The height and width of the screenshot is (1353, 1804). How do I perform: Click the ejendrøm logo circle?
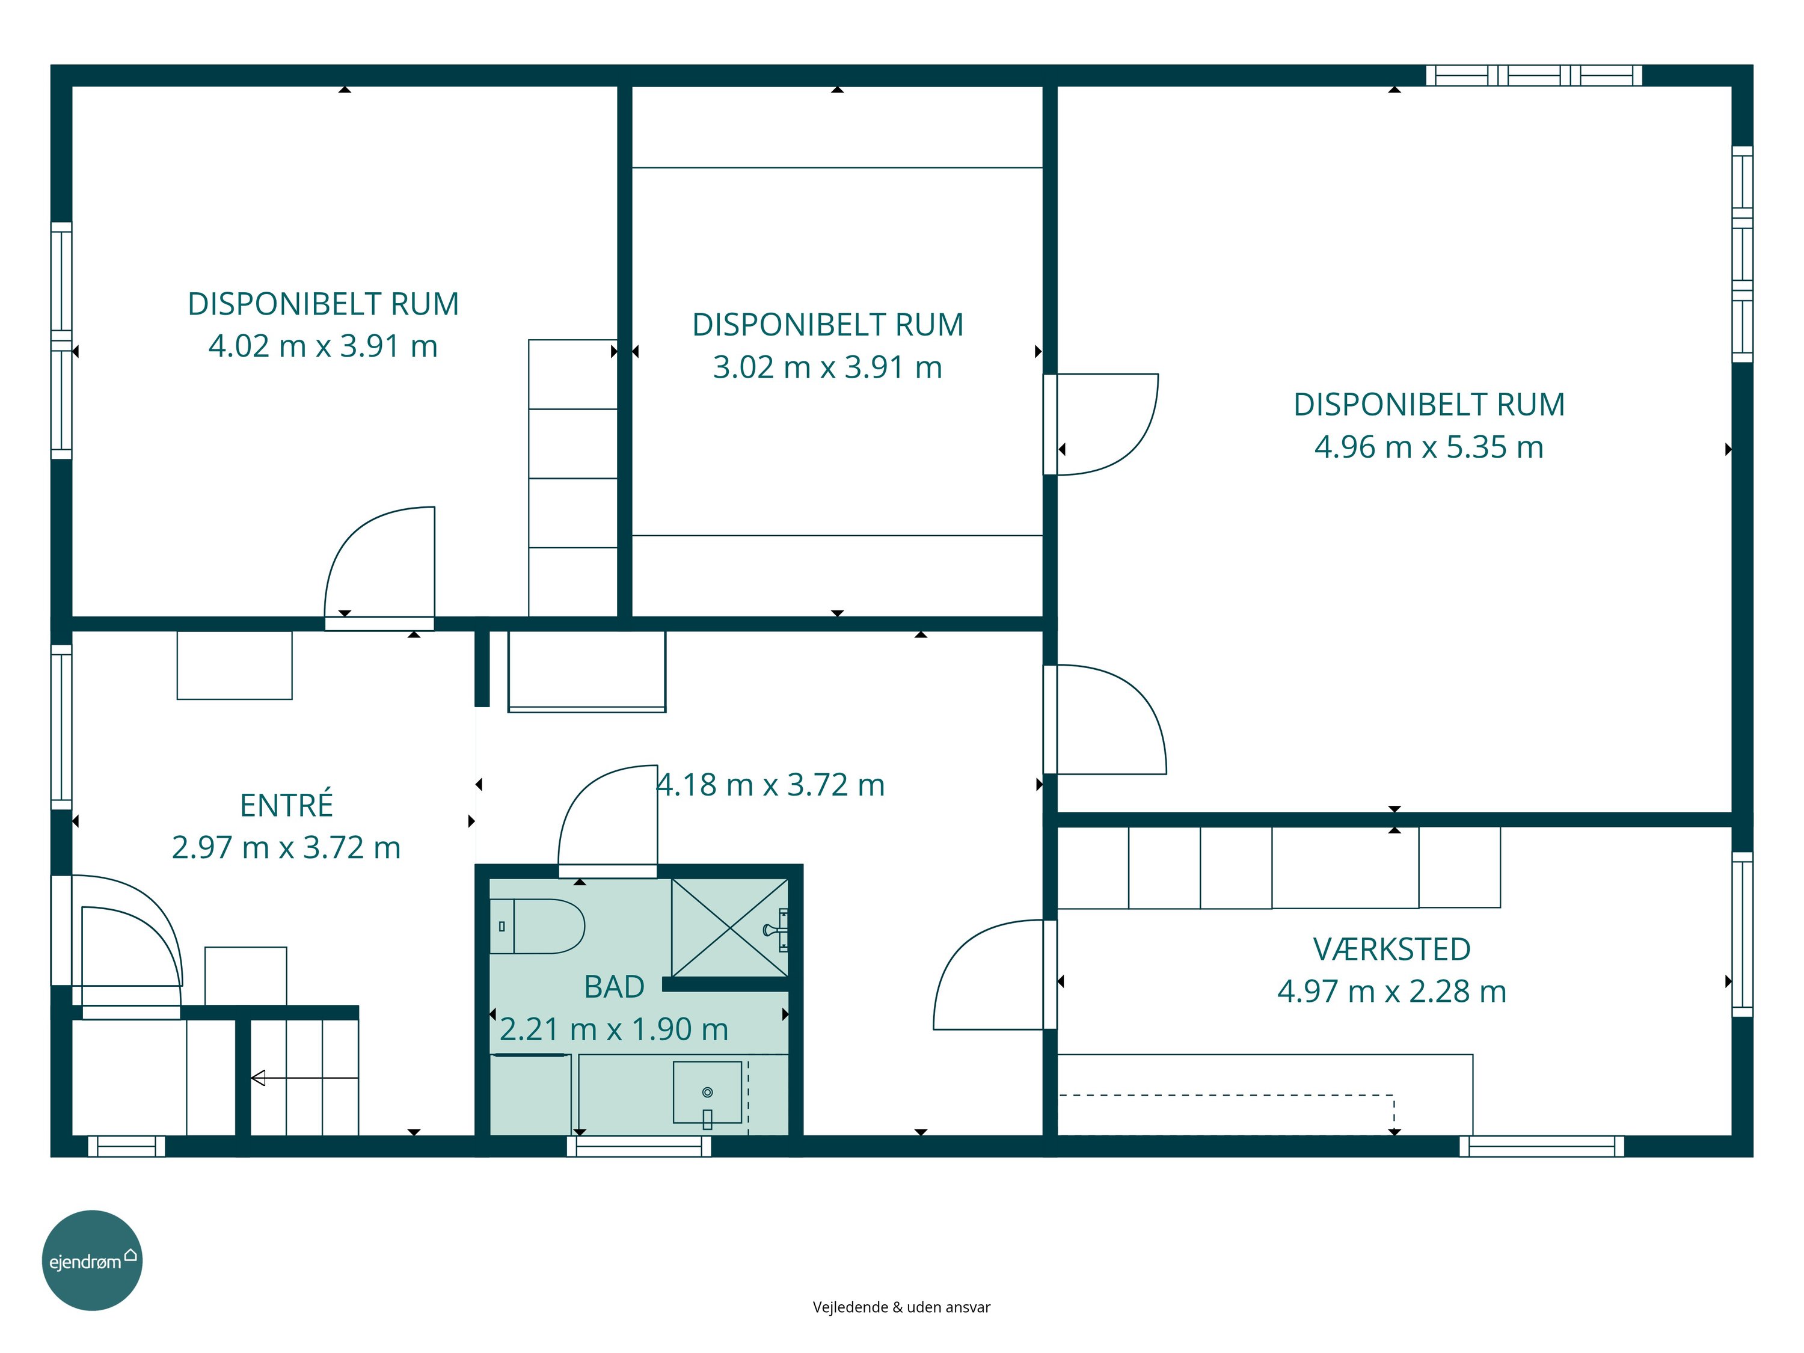click(x=92, y=1260)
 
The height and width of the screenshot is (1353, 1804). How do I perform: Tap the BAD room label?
click(x=614, y=987)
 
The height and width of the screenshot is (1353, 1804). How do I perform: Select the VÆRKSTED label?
click(x=1391, y=950)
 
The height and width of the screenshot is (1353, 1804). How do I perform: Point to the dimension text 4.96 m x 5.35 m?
click(x=1429, y=447)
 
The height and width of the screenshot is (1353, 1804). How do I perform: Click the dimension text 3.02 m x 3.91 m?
click(x=828, y=367)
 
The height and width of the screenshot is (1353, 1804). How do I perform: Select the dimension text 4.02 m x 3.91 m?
click(x=323, y=346)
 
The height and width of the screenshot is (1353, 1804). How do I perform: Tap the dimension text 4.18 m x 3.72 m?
click(x=771, y=785)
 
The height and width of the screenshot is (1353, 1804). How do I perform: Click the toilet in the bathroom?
click(x=536, y=927)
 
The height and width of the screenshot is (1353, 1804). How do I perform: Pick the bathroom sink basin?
click(x=707, y=1092)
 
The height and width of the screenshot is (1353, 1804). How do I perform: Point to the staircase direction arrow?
click(x=304, y=1078)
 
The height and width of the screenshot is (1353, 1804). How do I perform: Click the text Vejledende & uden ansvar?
click(x=901, y=1307)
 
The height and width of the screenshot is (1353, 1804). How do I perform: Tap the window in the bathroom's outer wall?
click(x=639, y=1146)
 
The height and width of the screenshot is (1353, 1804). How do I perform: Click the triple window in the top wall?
click(x=1534, y=75)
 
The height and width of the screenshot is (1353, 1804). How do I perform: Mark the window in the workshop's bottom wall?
click(x=1541, y=1146)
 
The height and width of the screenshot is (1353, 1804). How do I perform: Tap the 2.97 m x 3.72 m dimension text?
click(x=286, y=847)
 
